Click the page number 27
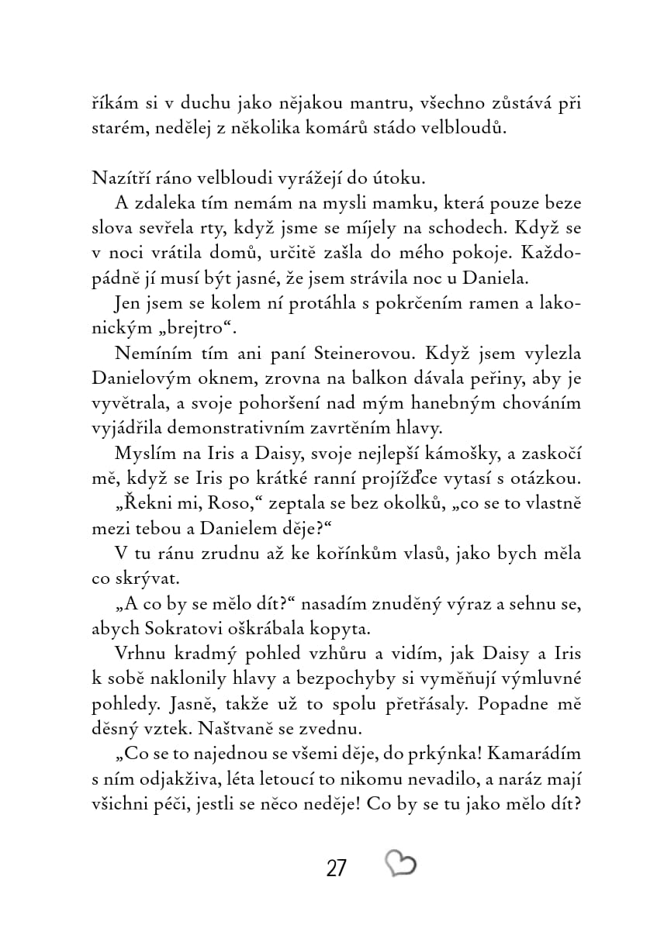336,867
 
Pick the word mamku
418,203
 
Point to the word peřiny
487,379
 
